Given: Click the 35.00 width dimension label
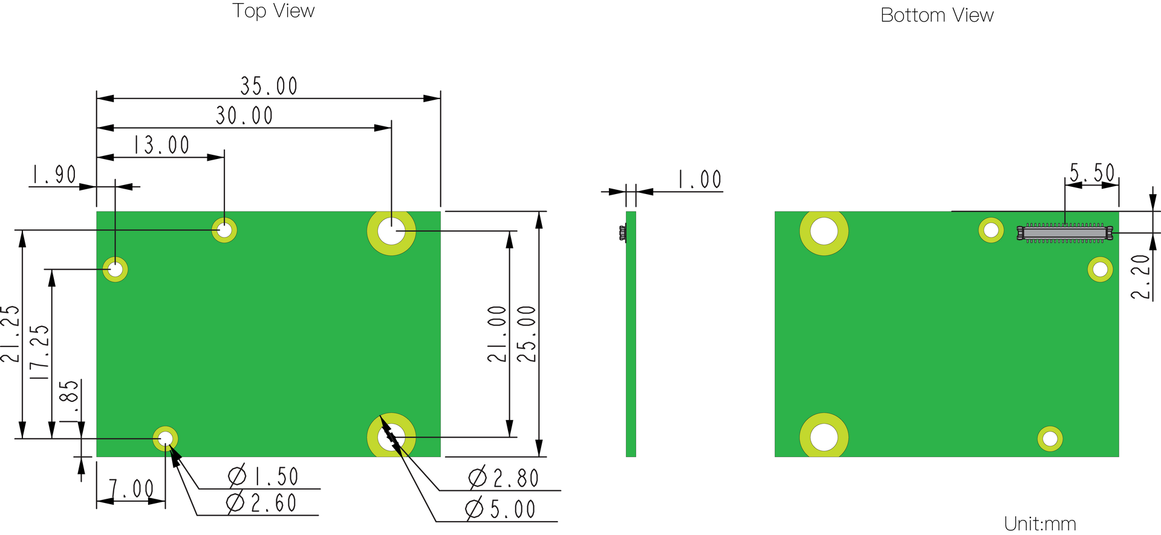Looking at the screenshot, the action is (269, 86).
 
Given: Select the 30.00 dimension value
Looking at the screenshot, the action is (244, 115).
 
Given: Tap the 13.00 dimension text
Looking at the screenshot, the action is (161, 145).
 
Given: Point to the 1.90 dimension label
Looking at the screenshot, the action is (54, 175).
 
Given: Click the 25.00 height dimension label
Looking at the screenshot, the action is (527, 334).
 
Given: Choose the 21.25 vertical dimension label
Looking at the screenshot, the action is (10, 334).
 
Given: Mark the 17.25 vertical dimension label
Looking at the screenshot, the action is (39, 352).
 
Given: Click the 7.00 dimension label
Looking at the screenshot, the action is (131, 488).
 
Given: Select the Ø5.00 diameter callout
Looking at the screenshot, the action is (501, 509).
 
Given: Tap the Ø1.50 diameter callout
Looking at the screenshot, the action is (263, 476).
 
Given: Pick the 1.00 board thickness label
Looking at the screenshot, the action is (700, 180).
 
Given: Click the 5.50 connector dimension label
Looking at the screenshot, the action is (1092, 173).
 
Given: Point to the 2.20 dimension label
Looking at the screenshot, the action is (1140, 277).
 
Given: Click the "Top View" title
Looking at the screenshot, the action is (274, 11).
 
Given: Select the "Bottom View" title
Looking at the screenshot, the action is (937, 15).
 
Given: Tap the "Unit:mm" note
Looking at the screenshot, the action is (1040, 524).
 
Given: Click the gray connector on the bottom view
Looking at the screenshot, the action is (1065, 233).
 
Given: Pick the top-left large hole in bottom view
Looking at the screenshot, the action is (824, 231).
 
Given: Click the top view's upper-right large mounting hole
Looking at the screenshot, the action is (392, 231).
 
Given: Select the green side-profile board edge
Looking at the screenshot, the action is (631, 334).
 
